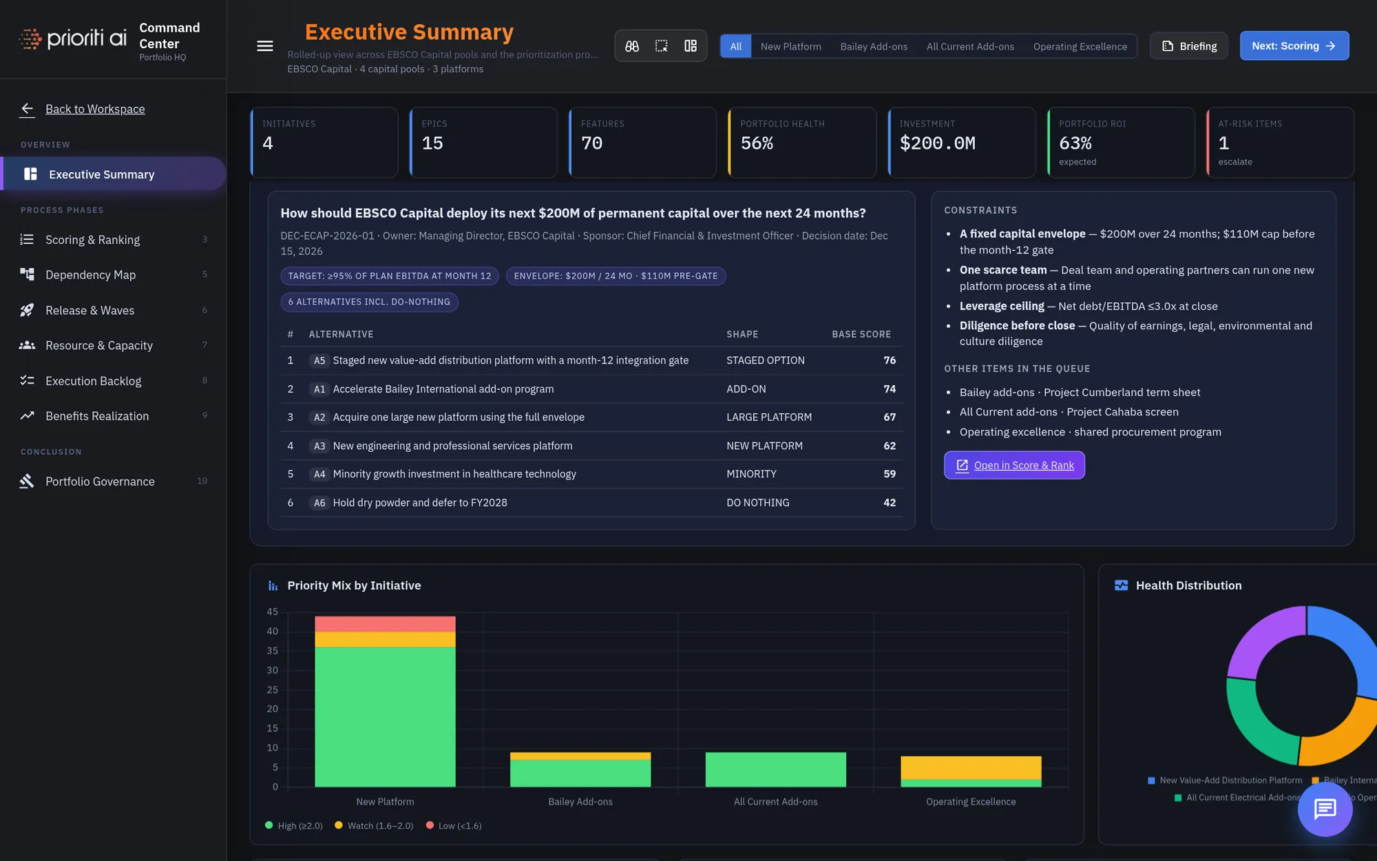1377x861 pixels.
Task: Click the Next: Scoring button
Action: click(x=1294, y=46)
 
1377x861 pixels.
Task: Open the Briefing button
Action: click(x=1189, y=46)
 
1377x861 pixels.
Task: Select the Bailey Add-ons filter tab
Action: click(x=874, y=46)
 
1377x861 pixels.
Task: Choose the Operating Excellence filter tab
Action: click(x=1080, y=46)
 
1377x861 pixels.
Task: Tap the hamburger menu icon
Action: click(x=265, y=46)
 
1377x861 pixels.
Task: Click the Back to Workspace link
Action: click(x=95, y=109)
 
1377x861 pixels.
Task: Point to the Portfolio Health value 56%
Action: click(x=757, y=143)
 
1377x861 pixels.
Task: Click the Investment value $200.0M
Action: click(x=937, y=143)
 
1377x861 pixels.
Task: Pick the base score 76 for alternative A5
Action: click(x=890, y=360)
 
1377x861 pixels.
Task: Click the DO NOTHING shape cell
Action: click(x=757, y=503)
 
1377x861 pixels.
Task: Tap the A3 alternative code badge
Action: click(x=319, y=446)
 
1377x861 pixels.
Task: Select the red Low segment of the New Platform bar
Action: click(x=385, y=623)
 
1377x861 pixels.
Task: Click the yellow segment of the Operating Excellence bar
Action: click(x=971, y=767)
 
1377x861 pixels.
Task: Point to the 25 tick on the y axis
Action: click(x=273, y=689)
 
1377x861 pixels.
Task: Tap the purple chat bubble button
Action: click(x=1325, y=809)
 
